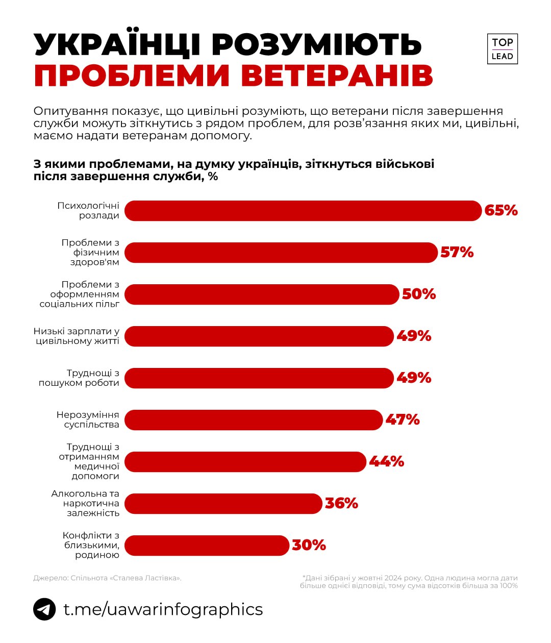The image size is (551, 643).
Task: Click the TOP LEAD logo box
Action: click(502, 50)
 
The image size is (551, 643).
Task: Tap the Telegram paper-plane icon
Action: click(44, 609)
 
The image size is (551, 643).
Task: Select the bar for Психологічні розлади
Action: click(303, 211)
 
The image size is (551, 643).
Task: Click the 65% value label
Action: click(501, 211)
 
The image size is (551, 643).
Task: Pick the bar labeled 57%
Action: click(281, 253)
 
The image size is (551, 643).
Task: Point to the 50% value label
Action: click(419, 294)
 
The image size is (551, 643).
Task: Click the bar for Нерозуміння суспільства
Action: click(254, 420)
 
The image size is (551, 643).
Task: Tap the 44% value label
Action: click(386, 462)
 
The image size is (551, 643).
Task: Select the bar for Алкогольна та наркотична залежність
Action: click(223, 504)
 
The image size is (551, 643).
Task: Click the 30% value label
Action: click(309, 546)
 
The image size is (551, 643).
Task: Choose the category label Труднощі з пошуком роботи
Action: click(79, 378)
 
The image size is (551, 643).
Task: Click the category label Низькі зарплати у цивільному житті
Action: click(77, 336)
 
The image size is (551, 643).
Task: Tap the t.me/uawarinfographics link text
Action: click(163, 609)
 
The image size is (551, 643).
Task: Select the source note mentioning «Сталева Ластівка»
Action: click(107, 578)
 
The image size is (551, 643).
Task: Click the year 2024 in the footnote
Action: click(393, 578)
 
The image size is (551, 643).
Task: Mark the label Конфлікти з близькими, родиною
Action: click(91, 545)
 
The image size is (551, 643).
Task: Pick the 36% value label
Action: click(341, 504)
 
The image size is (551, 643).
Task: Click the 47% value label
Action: click(402, 420)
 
